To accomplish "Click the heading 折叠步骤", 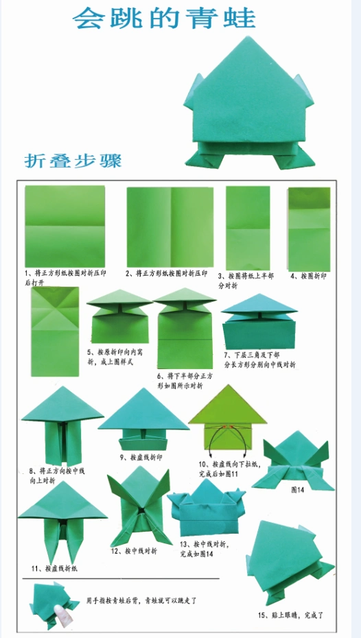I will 73,161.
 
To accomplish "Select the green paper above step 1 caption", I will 65,225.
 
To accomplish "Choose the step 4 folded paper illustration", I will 309,228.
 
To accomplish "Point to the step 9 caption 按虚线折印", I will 142,456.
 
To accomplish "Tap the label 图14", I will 299,490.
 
